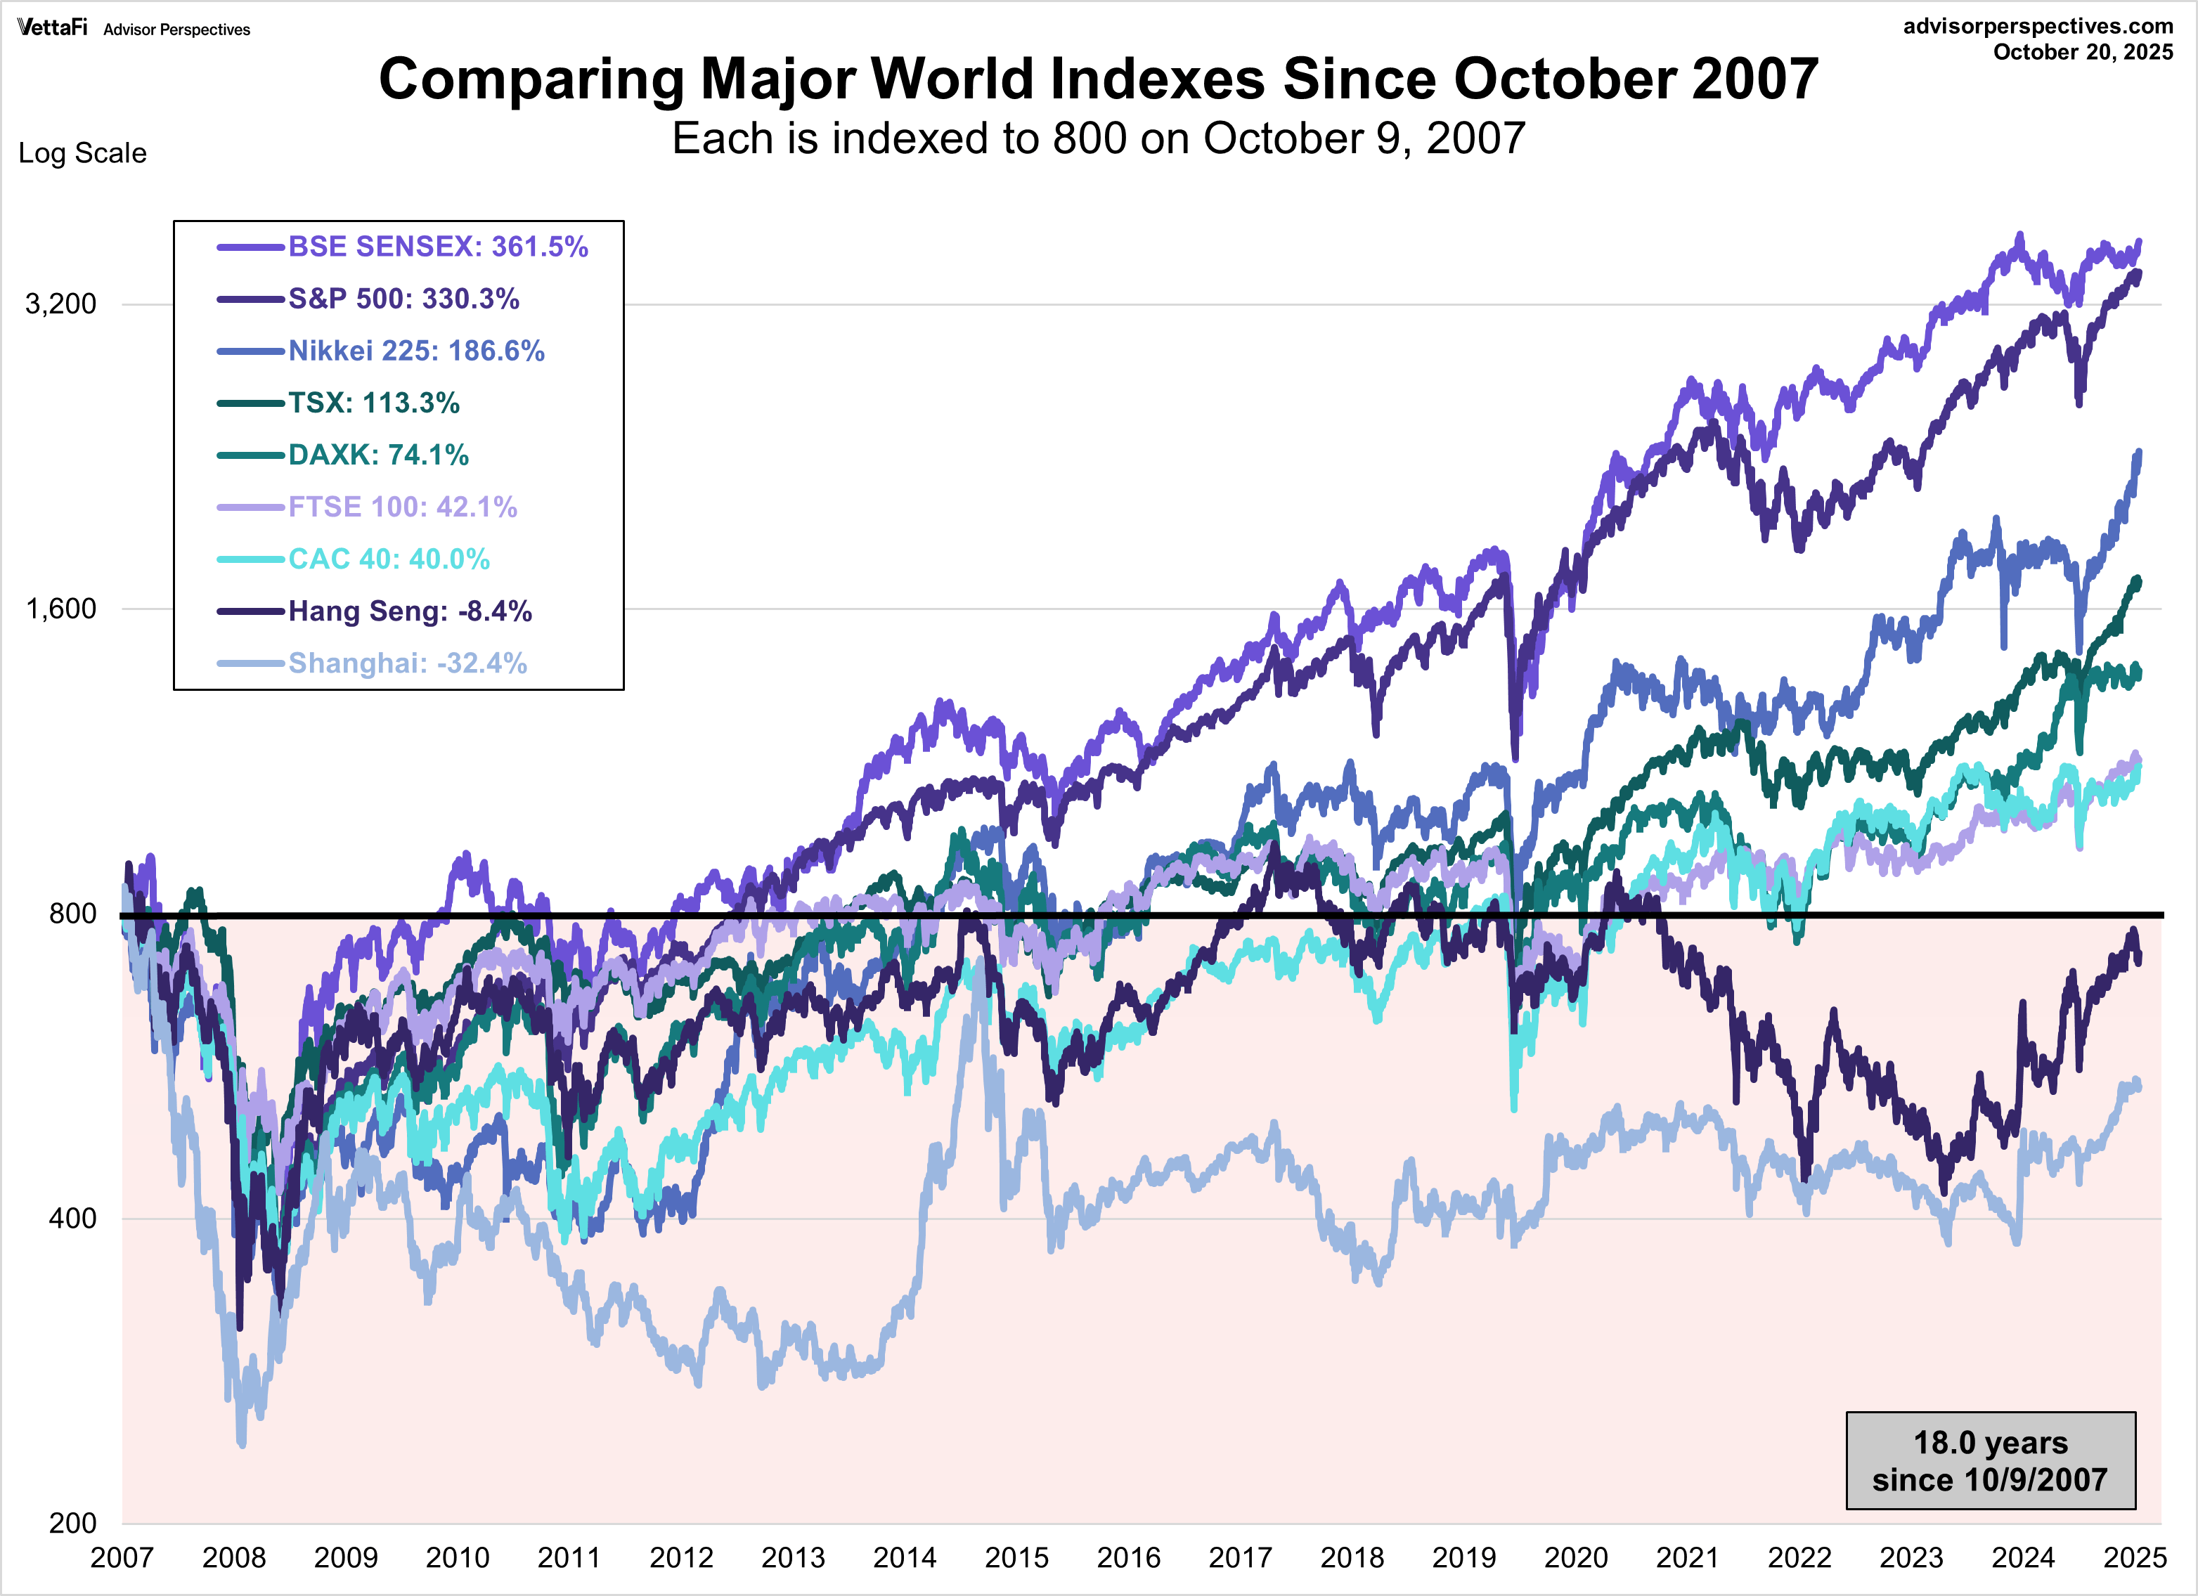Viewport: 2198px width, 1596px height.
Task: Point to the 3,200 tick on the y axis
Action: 60,304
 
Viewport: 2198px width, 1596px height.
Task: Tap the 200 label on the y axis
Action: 72,1522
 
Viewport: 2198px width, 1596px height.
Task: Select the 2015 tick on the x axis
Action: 1016,1558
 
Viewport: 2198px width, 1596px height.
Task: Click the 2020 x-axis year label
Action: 1575,1558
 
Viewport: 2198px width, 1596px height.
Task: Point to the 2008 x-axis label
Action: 233,1558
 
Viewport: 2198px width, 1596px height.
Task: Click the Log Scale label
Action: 82,153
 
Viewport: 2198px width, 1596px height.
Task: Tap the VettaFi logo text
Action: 52,27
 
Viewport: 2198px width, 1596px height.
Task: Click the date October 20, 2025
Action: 2083,52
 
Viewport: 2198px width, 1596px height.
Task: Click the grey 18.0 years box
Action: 1990,1460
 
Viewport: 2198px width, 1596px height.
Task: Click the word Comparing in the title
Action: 531,79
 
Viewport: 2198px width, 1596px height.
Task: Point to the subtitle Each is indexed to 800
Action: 1098,138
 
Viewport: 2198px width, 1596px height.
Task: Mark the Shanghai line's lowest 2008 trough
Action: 241,1444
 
